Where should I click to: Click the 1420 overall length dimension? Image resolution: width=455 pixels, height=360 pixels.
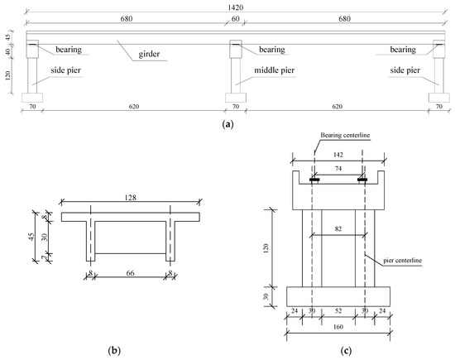tap(235, 7)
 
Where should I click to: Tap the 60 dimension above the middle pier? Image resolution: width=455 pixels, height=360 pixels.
tap(236, 18)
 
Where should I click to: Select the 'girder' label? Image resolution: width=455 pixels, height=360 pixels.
tap(149, 54)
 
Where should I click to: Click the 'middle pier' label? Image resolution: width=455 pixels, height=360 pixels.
tap(274, 70)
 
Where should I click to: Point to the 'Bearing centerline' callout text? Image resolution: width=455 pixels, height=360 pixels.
tap(345, 135)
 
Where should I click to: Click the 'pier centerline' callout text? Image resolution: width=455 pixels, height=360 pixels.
tap(403, 260)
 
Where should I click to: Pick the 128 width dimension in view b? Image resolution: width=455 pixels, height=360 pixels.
tap(130, 198)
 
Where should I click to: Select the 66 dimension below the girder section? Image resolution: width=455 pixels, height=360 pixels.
tap(130, 273)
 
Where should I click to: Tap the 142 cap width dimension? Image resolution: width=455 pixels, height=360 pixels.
tap(338, 155)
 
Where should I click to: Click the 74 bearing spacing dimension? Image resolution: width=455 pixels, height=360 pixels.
tap(338, 168)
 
